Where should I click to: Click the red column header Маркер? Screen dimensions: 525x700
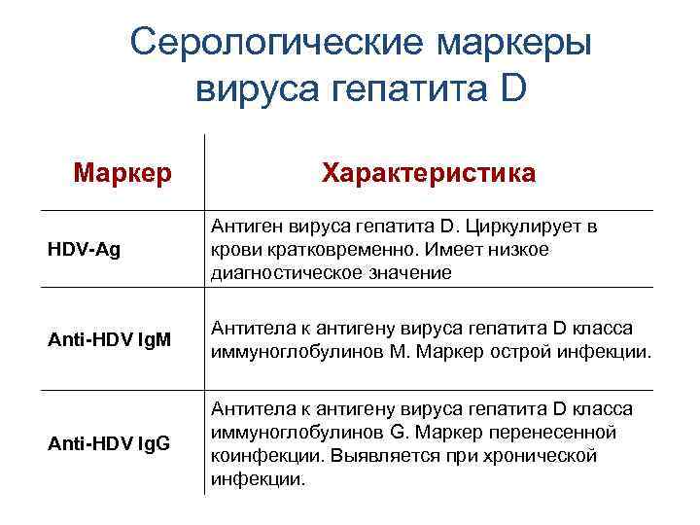[122, 174]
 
